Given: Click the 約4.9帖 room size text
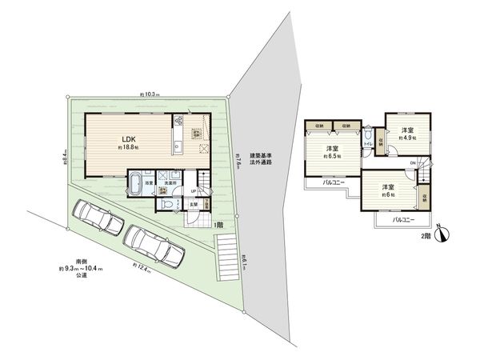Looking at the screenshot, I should click(x=407, y=138).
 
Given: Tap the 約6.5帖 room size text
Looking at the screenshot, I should click(x=332, y=156).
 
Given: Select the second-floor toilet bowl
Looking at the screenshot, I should click(x=366, y=141).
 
